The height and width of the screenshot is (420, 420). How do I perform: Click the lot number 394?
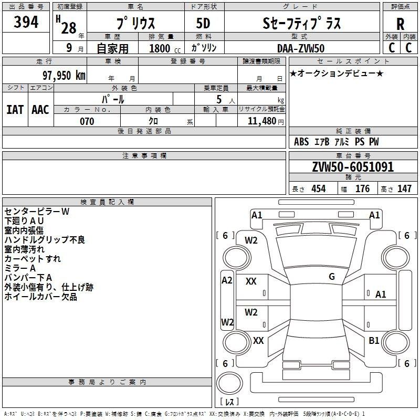[26, 22]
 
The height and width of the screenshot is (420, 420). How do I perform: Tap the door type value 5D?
[203, 24]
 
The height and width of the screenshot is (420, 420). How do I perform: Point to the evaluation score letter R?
[400, 24]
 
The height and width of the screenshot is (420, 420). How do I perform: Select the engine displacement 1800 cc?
[164, 48]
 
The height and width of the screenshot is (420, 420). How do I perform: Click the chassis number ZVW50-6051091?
[352, 167]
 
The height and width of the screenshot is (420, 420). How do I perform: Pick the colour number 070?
[87, 121]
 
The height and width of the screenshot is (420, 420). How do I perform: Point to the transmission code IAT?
[15, 109]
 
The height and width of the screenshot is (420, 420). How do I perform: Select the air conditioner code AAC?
[40, 109]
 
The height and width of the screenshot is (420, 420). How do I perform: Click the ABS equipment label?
[301, 142]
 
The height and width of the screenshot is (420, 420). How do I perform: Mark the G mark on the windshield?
[331, 277]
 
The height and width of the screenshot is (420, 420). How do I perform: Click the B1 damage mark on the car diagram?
[374, 341]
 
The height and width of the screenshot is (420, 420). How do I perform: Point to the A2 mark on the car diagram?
[227, 280]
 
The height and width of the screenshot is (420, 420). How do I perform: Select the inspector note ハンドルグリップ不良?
[45, 240]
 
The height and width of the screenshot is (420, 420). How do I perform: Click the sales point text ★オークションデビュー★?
[336, 73]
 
